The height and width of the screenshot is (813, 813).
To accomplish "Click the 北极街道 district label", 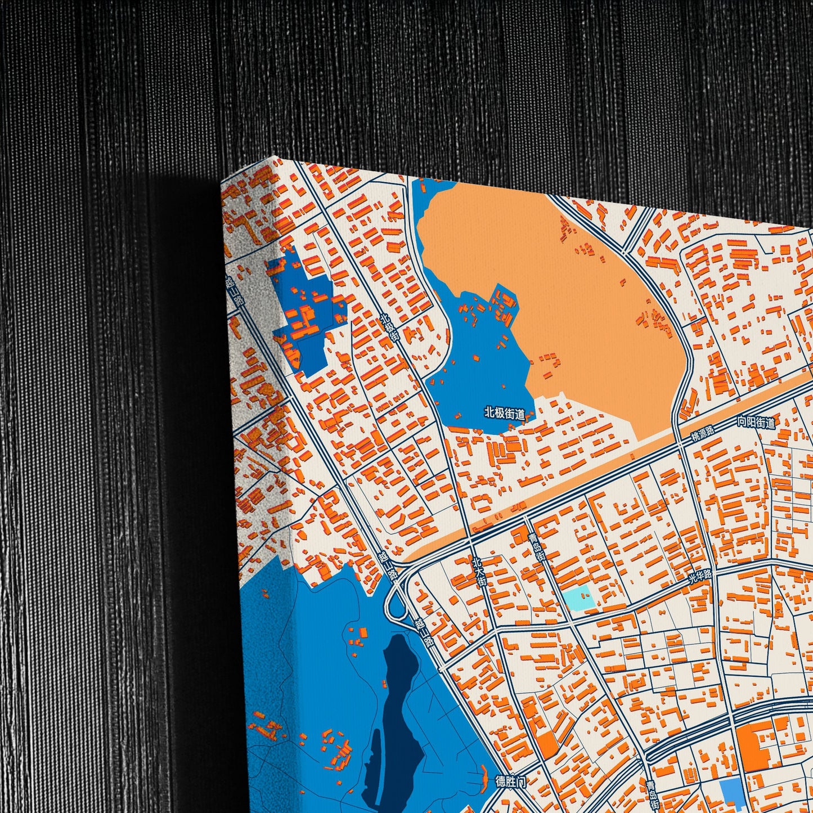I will (x=505, y=414).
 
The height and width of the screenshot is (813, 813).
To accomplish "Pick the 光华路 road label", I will (x=700, y=577).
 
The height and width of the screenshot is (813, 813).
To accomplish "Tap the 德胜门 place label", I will (x=510, y=781).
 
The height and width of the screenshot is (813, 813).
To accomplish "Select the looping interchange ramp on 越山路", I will (x=397, y=608).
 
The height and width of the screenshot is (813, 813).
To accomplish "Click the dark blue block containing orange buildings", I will (x=307, y=315).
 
